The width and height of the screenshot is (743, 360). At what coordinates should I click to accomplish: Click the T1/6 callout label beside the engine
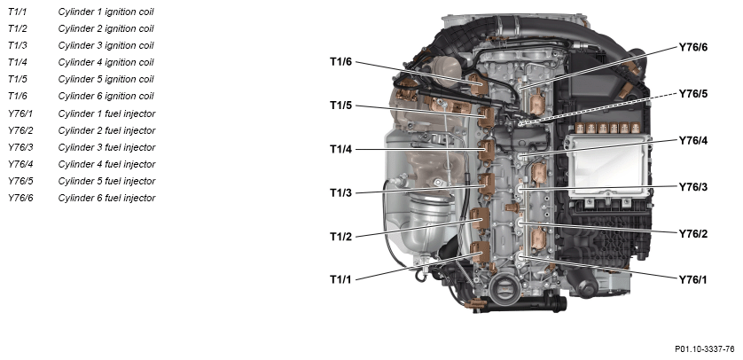340,61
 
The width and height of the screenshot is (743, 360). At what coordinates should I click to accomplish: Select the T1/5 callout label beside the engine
340,106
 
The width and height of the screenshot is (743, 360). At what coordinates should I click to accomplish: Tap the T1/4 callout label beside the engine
340,149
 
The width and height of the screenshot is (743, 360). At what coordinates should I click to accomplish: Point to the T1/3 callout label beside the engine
340,192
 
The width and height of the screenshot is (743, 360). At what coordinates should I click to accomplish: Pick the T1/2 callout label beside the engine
340,237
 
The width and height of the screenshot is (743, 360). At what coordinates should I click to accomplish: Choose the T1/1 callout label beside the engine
340,279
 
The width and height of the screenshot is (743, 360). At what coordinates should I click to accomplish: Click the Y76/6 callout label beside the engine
692,47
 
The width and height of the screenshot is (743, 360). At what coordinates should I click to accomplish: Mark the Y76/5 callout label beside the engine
692,94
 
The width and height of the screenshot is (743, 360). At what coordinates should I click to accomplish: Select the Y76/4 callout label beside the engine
692,141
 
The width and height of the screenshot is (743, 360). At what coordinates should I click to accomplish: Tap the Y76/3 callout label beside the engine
692,187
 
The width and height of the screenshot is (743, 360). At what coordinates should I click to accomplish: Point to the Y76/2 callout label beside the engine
692,233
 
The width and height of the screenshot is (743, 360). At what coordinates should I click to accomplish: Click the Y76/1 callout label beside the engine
692,280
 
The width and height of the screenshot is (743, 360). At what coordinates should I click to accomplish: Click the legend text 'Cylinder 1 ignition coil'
106,12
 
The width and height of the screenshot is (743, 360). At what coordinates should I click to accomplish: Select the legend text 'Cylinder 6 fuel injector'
106,198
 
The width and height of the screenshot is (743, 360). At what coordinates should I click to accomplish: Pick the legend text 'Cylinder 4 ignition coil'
106,62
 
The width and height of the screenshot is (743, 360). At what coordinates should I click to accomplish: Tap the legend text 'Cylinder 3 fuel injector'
106,147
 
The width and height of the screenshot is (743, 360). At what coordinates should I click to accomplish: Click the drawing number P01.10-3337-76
705,349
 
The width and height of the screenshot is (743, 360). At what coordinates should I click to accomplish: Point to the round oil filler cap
502,288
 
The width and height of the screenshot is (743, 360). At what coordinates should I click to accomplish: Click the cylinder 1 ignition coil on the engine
480,252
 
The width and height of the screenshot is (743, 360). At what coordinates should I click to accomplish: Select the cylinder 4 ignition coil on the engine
487,151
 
